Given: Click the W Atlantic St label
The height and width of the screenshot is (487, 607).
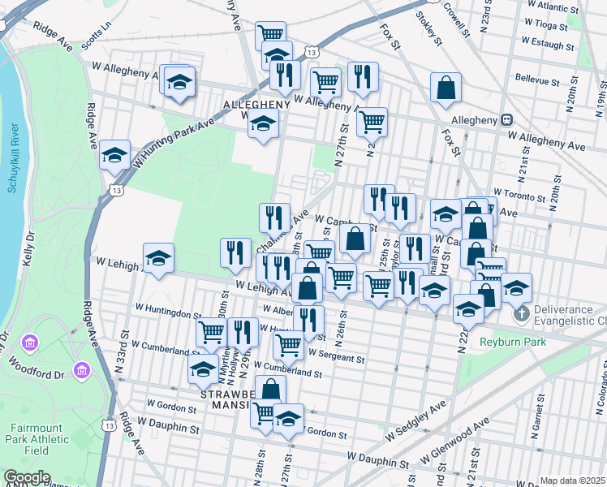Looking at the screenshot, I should click(x=551, y=6).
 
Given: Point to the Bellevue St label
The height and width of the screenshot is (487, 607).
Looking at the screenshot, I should click(x=538, y=81).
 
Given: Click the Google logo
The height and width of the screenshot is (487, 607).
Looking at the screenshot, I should click(x=27, y=477).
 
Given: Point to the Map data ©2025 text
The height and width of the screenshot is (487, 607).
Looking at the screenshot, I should click(x=571, y=481).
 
